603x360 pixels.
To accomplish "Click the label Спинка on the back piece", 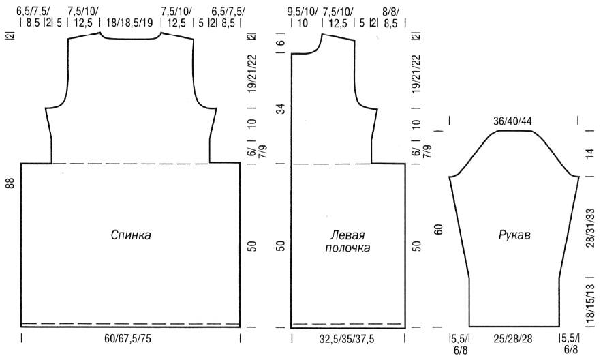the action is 131,235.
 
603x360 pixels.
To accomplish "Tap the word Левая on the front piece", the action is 347,235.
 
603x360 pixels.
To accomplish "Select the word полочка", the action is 347,247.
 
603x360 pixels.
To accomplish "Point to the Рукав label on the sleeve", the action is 514,235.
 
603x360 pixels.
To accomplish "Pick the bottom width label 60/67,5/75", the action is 127,339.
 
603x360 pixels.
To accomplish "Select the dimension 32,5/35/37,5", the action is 347,339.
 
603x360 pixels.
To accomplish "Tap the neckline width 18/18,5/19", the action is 129,22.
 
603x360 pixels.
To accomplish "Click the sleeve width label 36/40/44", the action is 512,121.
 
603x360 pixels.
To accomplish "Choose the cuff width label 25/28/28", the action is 513,339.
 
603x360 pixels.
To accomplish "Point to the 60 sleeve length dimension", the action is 439,229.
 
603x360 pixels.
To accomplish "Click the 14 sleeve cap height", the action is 590,153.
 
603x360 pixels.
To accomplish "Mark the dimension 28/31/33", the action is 590,228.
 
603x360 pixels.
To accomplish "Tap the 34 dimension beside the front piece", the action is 282,108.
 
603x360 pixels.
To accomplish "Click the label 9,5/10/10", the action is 303,17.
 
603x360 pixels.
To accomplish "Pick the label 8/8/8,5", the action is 390,17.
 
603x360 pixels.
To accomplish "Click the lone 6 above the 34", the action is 281,42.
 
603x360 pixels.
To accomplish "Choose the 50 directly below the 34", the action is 281,245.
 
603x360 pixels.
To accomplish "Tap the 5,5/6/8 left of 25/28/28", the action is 459,344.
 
